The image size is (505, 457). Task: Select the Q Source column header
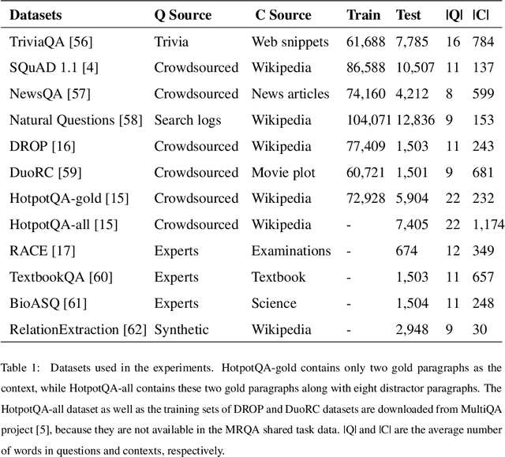point(183,15)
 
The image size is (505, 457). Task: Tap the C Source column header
point(282,15)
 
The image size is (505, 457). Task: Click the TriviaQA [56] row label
point(47,42)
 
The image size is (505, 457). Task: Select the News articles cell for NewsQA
point(290,94)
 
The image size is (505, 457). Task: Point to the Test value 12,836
point(413,120)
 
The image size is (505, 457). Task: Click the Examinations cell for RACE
point(290,250)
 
